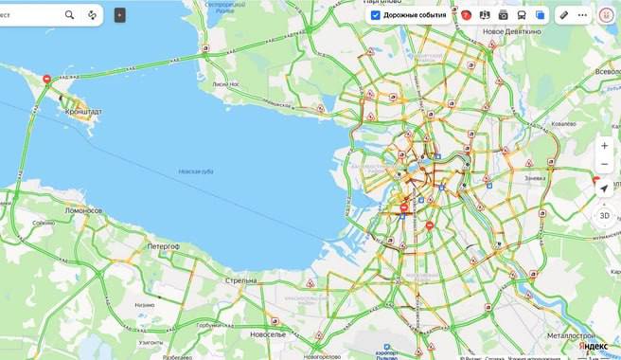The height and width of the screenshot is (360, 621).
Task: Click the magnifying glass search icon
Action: click(x=70, y=15)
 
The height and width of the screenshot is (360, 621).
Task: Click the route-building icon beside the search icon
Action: click(x=92, y=15)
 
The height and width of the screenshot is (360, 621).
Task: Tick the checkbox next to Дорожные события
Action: click(x=376, y=15)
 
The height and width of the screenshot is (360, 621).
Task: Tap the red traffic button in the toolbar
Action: click(x=467, y=15)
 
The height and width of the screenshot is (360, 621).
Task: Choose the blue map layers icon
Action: click(x=540, y=15)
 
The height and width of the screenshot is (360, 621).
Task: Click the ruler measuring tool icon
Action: click(x=564, y=15)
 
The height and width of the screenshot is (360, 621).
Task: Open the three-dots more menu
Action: click(x=581, y=15)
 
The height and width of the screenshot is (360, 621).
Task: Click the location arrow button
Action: click(x=604, y=189)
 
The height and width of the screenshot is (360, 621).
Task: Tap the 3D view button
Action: click(x=604, y=215)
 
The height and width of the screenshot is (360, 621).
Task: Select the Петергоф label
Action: click(x=162, y=245)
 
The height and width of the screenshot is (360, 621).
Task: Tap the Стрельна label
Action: click(x=240, y=280)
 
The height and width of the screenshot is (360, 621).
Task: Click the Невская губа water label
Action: click(x=196, y=171)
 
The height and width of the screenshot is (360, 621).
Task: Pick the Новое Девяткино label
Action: click(x=511, y=32)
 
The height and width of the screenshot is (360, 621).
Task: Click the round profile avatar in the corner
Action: click(x=606, y=15)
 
